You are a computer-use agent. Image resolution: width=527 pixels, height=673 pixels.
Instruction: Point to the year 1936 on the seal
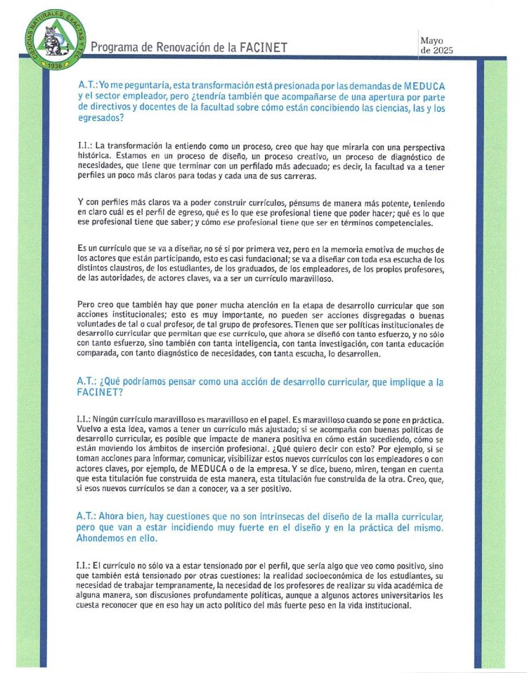coord(52,64)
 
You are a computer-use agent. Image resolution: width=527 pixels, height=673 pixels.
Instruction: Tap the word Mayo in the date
coord(432,41)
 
